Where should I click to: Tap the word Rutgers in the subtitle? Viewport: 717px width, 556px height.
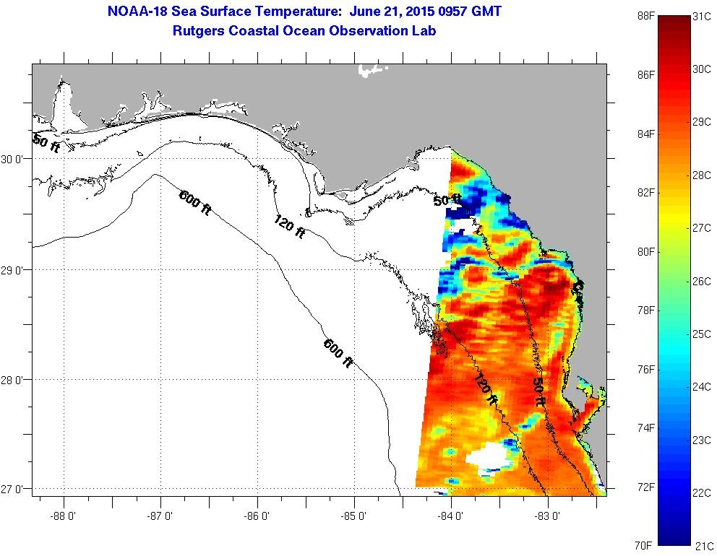[x=197, y=31]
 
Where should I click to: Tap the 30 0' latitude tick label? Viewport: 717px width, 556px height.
[x=14, y=159]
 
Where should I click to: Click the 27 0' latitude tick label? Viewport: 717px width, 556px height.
[x=14, y=489]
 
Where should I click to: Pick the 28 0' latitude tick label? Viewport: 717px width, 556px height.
[x=14, y=379]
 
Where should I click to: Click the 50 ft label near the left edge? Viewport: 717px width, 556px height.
[x=46, y=142]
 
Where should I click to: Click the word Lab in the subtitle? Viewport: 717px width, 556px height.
[x=424, y=31]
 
